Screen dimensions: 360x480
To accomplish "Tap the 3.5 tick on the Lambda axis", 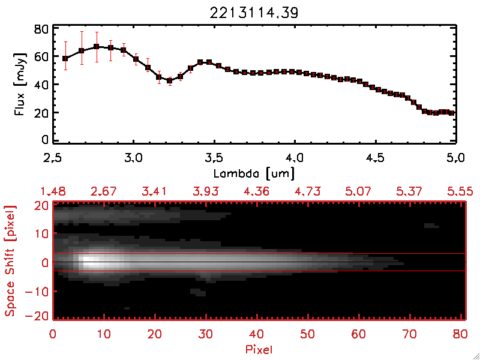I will tap(214, 158).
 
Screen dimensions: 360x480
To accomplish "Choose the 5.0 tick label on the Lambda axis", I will tap(455, 158).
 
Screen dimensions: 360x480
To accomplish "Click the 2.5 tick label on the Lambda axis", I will tap(53, 158).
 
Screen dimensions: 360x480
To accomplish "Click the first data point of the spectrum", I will tap(65, 58).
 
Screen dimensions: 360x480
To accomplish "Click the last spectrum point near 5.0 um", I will tap(451, 113).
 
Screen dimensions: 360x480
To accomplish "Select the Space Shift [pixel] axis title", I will tap(10, 261).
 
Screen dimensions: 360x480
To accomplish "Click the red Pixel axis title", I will tap(259, 349).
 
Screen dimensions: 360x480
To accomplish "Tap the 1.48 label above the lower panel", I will tap(53, 191).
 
